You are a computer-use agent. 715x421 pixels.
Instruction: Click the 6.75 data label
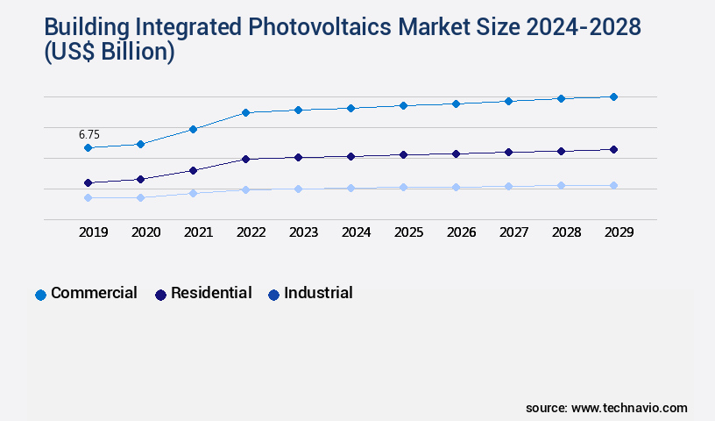[x=88, y=135]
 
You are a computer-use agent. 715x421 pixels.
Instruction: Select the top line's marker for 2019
[x=88, y=148]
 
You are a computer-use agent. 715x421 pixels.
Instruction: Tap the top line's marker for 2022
[x=245, y=112]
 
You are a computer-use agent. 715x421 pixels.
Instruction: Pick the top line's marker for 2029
[x=613, y=96]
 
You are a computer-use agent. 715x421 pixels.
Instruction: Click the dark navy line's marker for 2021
[x=193, y=170]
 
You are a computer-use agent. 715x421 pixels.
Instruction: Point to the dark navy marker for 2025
[x=403, y=154]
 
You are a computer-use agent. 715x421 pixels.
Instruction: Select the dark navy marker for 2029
[x=613, y=149]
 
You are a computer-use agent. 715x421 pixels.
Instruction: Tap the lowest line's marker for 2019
[x=88, y=198]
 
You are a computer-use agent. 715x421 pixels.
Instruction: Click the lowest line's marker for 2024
[x=350, y=188]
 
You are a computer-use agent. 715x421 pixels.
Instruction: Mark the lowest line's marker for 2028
[x=561, y=185]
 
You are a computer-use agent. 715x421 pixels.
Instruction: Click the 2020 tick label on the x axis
[x=145, y=232]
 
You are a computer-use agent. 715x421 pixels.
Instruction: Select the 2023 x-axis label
[x=303, y=232]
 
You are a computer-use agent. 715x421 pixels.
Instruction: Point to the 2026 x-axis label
[x=461, y=232]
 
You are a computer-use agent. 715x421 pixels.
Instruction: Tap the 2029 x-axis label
[x=619, y=232]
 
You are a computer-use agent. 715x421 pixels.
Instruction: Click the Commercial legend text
[x=94, y=293]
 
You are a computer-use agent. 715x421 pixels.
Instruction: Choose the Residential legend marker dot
[x=160, y=295]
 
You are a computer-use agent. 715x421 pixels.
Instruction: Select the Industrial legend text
[x=318, y=293]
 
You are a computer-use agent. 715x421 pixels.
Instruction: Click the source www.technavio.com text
[x=606, y=408]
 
